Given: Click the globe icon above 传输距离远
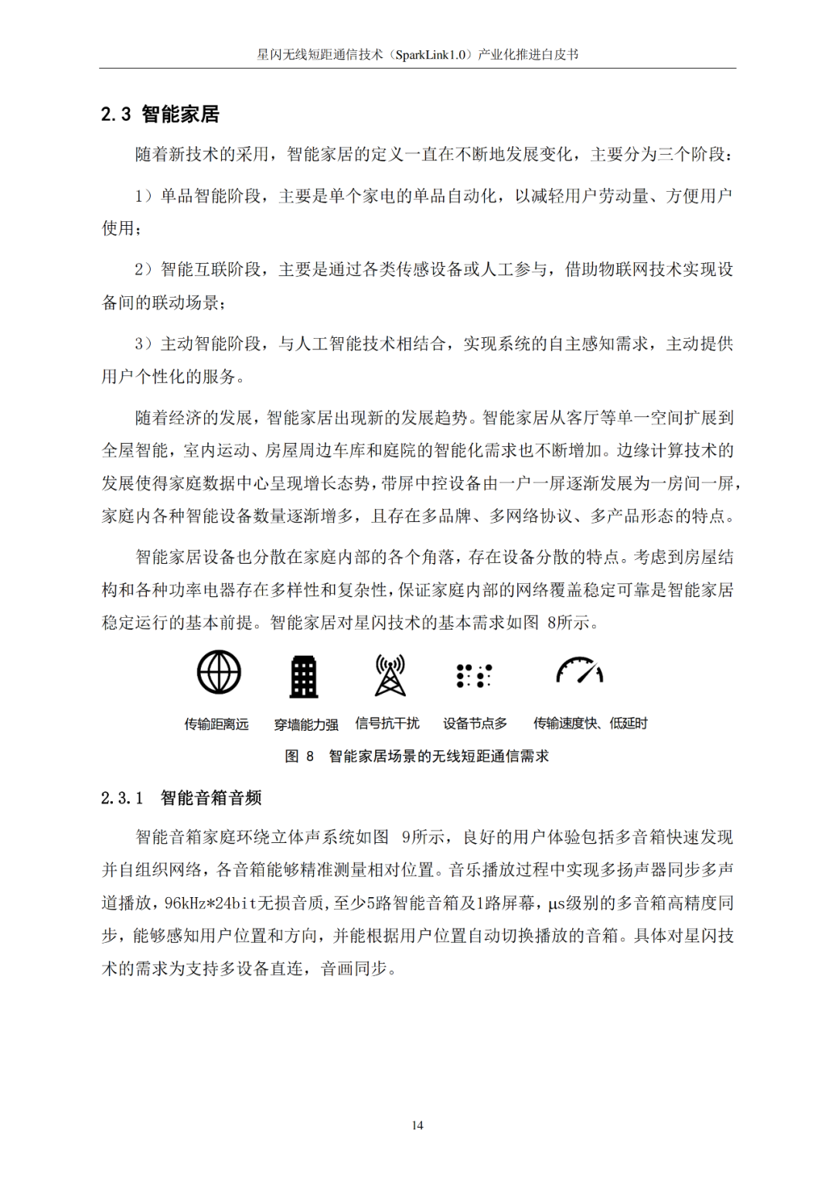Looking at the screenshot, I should [219, 671].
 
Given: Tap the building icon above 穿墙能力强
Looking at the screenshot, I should [304, 677].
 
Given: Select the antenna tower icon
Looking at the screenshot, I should [390, 675].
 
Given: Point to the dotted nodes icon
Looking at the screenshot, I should [474, 676].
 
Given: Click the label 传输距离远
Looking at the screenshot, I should [216, 724].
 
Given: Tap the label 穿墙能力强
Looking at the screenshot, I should [306, 725].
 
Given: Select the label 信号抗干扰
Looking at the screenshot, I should [387, 723].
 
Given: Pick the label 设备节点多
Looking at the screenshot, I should [475, 723].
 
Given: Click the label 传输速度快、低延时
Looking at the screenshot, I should [590, 723].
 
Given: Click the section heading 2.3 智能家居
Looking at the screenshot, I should [160, 114].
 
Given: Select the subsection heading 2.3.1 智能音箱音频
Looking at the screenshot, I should [181, 797].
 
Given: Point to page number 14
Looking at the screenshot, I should [417, 1125].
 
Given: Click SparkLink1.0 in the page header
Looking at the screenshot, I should [431, 54].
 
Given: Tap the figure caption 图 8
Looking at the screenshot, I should [299, 756].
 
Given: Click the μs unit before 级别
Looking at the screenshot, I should [557, 903].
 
